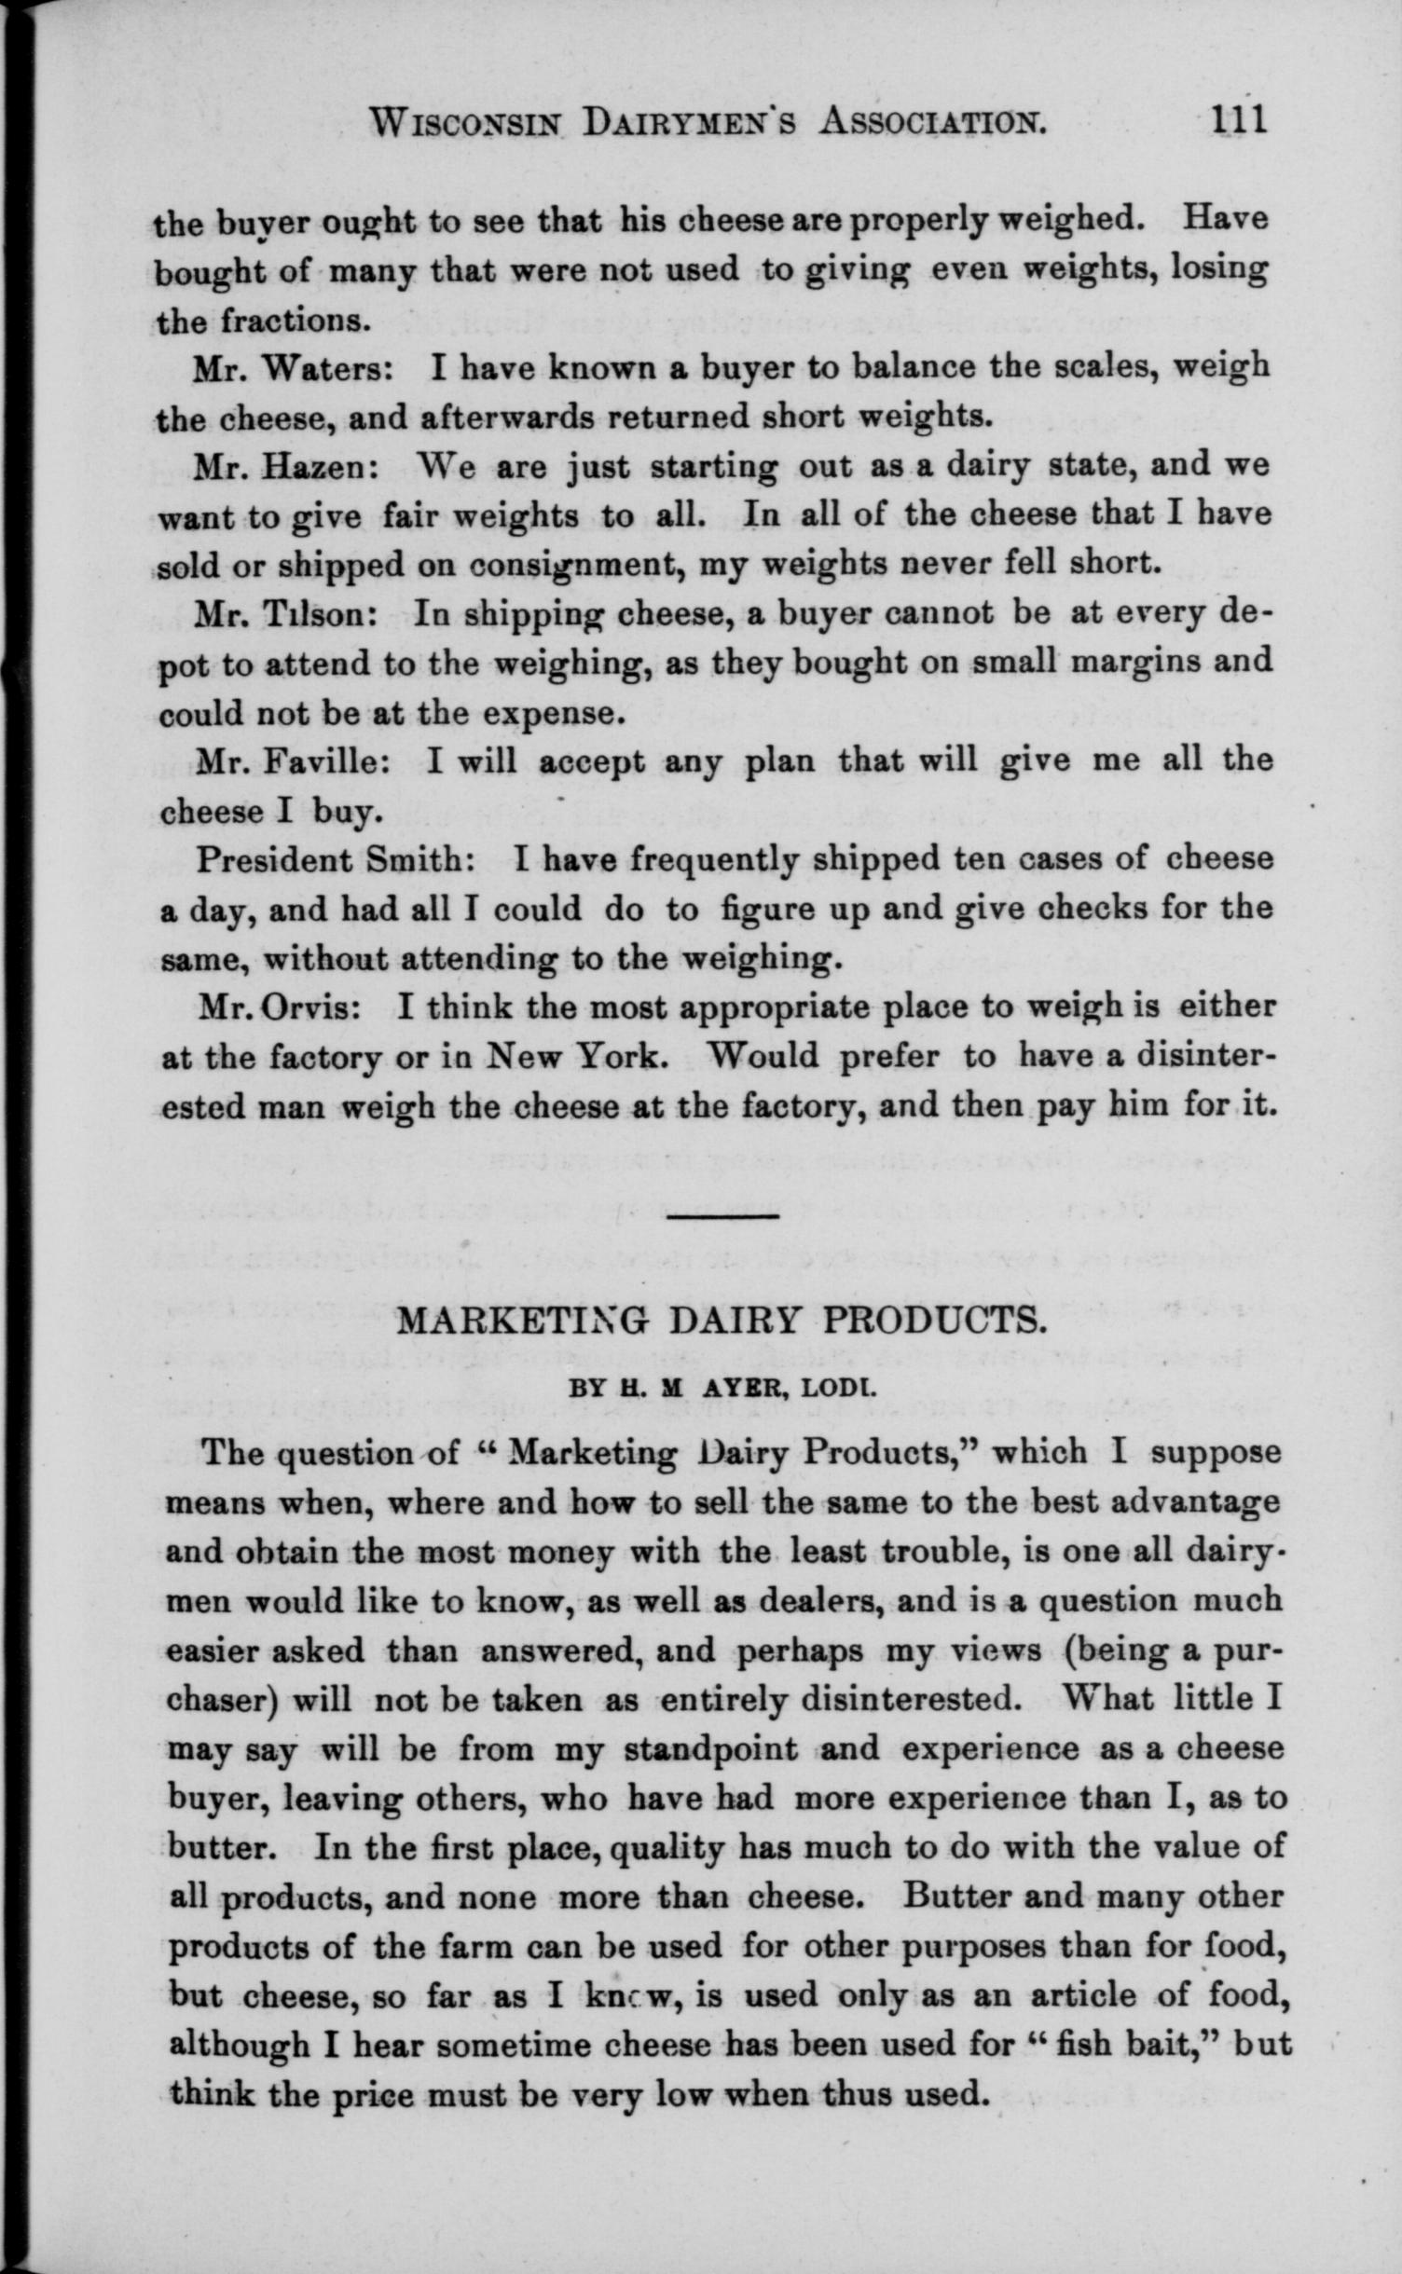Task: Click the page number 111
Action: (1236, 120)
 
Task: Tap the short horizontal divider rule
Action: (723, 1216)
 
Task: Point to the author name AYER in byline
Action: (742, 1388)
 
